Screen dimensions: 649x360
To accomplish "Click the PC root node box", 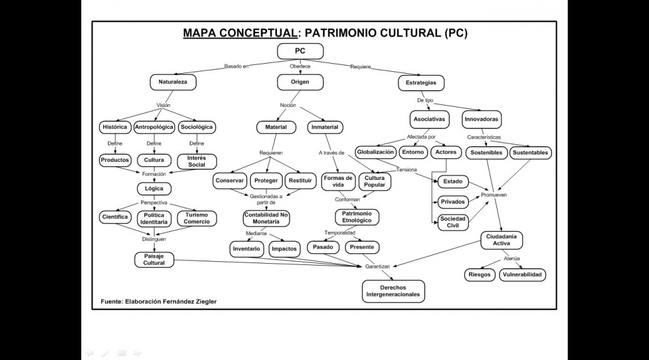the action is coord(300,51).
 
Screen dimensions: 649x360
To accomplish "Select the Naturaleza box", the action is coord(173,82).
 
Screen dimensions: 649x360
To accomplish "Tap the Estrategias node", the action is coord(421,82).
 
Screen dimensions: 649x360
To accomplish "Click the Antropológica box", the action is coord(154,127).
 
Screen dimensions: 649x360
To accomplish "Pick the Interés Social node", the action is coord(196,161).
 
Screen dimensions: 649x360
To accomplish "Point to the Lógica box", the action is coord(154,189).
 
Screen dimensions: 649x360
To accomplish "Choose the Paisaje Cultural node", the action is coord(154,259).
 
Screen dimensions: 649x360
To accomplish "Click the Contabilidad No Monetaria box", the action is coord(266,218).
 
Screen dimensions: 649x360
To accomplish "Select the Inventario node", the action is coord(246,249).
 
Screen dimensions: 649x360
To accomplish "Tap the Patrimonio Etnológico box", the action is coord(357,217).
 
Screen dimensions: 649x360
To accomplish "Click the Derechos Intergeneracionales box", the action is coord(393,291).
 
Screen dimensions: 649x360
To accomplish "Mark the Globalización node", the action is coord(375,152).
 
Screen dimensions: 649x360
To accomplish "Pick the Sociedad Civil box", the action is coord(453,222).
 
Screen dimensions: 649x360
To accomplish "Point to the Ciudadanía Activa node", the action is coord(501,240).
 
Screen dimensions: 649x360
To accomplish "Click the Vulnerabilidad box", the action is coord(522,275).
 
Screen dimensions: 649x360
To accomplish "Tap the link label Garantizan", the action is coord(378,266).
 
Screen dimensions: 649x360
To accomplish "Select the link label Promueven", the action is coord(494,195).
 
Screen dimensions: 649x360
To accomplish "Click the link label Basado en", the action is coord(236,66).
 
